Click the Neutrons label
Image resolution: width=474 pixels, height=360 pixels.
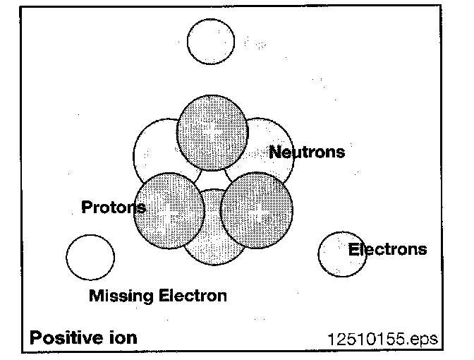307,152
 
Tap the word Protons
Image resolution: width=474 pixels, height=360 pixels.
114,208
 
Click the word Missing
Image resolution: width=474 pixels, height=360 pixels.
118,296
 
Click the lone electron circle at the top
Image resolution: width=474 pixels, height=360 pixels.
212,41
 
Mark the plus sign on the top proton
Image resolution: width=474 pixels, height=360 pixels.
212,130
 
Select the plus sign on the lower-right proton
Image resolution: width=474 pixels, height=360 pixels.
257,209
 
